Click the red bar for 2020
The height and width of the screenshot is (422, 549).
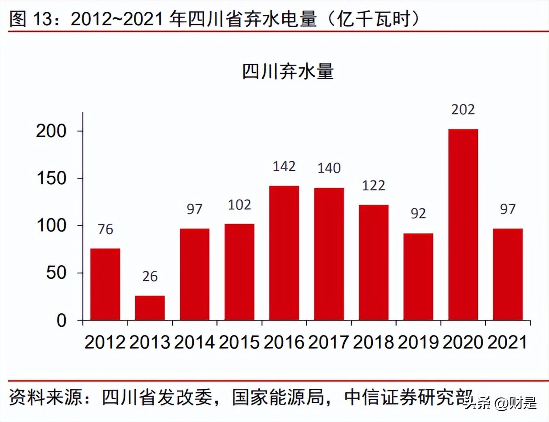[463, 225]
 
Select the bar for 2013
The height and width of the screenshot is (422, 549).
[150, 308]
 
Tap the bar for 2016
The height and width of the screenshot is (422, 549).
[284, 253]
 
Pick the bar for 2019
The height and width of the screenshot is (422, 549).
[418, 277]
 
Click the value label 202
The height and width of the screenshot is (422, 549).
[463, 109]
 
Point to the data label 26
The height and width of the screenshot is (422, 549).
[150, 277]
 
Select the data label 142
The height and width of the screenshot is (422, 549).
[284, 166]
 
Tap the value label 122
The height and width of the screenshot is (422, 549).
[374, 186]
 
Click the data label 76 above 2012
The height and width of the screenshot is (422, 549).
[105, 229]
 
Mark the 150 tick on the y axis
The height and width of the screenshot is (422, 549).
[51, 178]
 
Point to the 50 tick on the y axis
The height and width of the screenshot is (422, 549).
[56, 273]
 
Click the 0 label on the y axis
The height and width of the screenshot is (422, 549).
[62, 321]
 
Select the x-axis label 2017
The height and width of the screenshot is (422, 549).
[329, 342]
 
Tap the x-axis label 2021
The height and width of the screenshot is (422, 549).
[508, 342]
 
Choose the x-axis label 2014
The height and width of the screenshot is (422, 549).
[194, 342]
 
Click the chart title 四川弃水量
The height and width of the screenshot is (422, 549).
[288, 72]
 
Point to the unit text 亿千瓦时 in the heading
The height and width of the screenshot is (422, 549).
[374, 19]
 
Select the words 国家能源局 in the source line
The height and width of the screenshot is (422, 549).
[278, 397]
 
